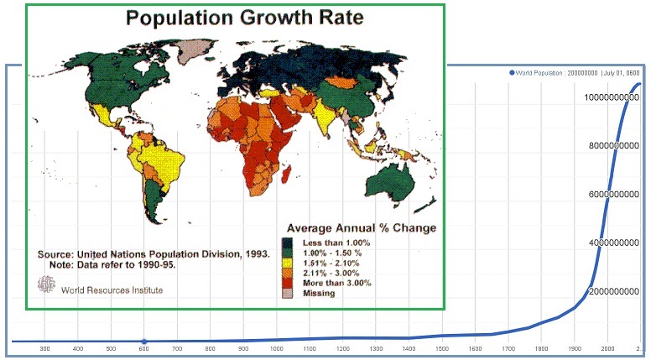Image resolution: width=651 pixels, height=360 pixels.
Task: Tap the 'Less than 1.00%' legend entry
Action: click(x=333, y=243)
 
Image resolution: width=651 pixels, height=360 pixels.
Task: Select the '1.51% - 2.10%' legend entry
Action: click(x=334, y=263)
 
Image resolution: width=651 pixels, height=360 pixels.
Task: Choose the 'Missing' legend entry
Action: click(x=319, y=293)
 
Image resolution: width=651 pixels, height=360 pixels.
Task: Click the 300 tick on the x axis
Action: click(x=44, y=348)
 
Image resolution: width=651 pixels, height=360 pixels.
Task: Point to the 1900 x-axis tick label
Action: click(x=574, y=348)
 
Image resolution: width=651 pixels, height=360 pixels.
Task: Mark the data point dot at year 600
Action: click(x=144, y=341)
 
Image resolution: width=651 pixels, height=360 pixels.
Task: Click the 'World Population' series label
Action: click(x=558, y=73)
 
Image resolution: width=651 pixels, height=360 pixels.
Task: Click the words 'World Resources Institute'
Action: click(x=112, y=290)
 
